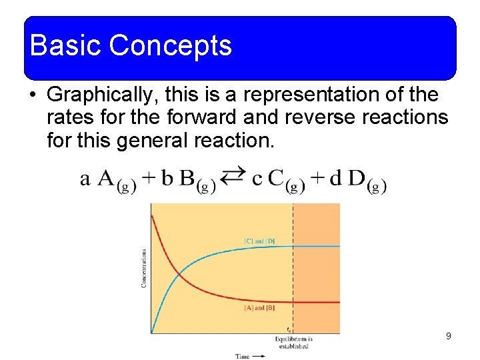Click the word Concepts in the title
[x=170, y=45]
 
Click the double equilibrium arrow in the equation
[x=233, y=177]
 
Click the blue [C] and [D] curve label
[x=259, y=241]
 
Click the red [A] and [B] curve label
[x=259, y=308]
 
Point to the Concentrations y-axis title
[x=144, y=269]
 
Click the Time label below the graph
[x=242, y=356]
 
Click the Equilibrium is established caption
[x=293, y=343]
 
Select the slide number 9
[x=449, y=336]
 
